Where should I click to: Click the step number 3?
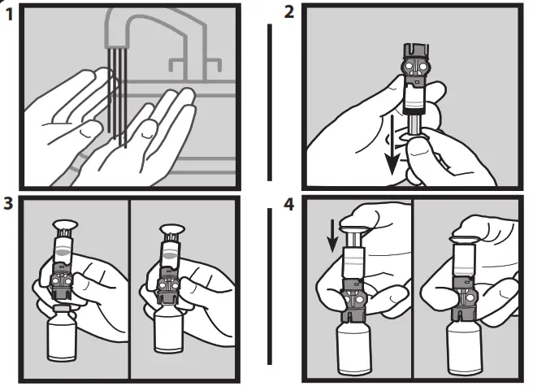coord(7,203)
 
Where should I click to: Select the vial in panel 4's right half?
coord(466,345)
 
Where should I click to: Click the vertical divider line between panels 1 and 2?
coord(269,102)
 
